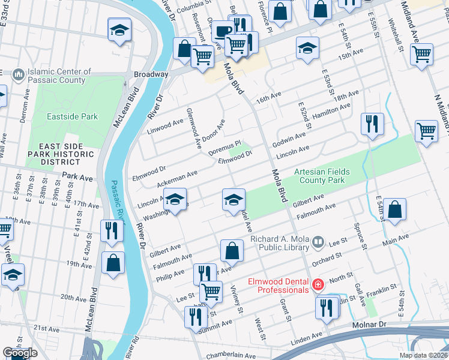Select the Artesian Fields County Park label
point(322,176)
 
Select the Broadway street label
point(151,74)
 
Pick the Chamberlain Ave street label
point(231,356)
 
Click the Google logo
point(20,353)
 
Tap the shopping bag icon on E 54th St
point(395,211)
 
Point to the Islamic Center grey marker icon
point(19,76)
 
